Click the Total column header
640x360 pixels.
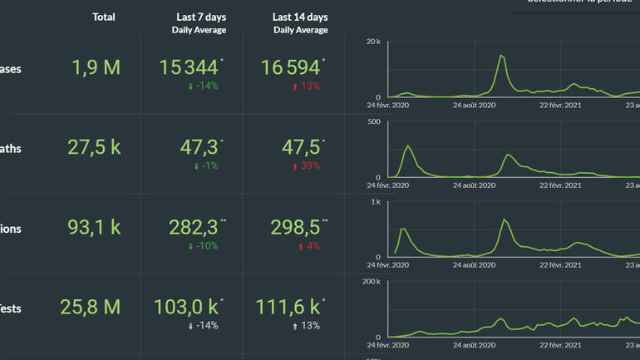click(104, 17)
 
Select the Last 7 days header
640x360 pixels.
click(201, 17)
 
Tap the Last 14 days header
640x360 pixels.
click(300, 17)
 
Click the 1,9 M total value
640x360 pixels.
click(96, 68)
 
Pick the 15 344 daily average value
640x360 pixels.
click(189, 67)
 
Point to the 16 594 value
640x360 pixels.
click(290, 67)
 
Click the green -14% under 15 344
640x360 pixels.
click(203, 86)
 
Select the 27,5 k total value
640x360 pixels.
click(94, 148)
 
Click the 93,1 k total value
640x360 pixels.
click(94, 228)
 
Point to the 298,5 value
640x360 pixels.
click(296, 228)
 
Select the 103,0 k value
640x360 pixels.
click(185, 308)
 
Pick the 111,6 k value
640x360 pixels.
click(288, 308)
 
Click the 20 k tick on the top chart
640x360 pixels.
click(373, 42)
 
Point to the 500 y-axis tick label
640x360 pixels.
click(374, 121)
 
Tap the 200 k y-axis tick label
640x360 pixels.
click(371, 282)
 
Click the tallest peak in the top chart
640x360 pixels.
click(502, 56)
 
